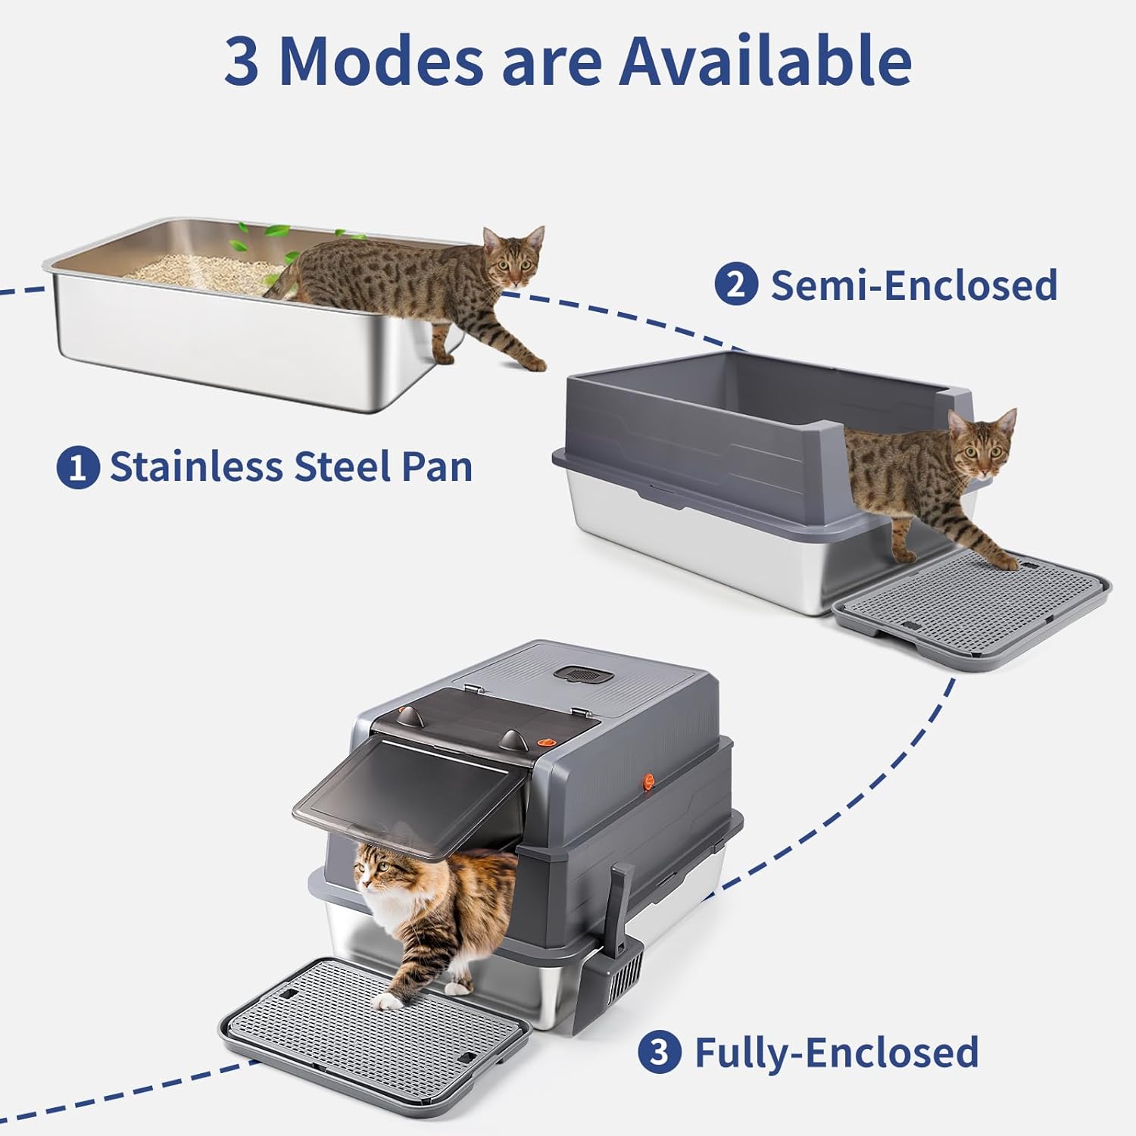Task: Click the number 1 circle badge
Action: click(x=78, y=467)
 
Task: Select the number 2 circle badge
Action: click(x=736, y=286)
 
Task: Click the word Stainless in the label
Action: click(x=196, y=467)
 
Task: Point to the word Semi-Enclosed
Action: click(x=913, y=286)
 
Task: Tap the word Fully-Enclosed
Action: click(x=836, y=1053)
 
